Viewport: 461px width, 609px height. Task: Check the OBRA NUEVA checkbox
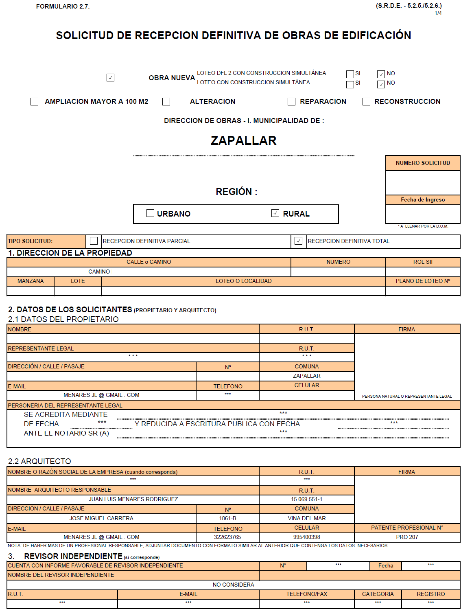[x=110, y=77]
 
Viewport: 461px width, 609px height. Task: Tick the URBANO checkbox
[x=150, y=213]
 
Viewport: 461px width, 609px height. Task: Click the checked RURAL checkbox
[x=275, y=213]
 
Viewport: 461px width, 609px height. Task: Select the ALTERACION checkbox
[x=166, y=101]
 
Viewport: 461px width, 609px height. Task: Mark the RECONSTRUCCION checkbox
[x=366, y=101]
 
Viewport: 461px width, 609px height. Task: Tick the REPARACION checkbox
[x=291, y=101]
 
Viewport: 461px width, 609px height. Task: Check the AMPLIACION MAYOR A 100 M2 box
[x=35, y=101]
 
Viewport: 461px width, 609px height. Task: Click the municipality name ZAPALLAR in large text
[x=243, y=140]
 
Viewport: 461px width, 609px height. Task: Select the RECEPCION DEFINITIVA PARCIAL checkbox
[x=94, y=241]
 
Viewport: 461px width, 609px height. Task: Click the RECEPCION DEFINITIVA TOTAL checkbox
[x=298, y=241]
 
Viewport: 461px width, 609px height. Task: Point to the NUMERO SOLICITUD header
[x=423, y=163]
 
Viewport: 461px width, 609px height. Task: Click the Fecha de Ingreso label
[x=423, y=199]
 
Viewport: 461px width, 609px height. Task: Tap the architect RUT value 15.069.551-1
[x=306, y=499]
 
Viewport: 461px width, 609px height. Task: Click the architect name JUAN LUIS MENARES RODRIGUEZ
[x=133, y=499]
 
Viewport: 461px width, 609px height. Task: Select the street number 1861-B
[x=227, y=518]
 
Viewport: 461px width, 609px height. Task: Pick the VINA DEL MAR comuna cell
[x=306, y=518]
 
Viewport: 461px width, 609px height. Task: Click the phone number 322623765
[x=227, y=537]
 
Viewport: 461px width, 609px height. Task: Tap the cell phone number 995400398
[x=306, y=537]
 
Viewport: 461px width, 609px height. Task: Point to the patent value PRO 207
[x=407, y=537]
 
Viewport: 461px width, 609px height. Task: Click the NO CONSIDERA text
[x=233, y=585]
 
